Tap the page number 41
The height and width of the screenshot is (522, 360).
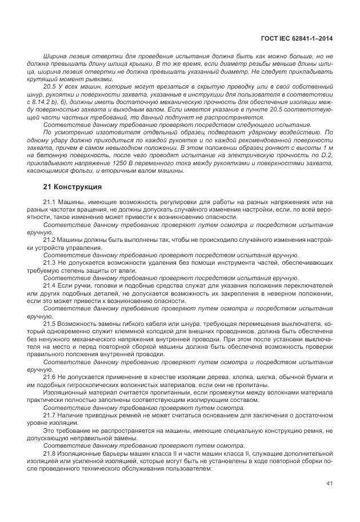(x=329, y=483)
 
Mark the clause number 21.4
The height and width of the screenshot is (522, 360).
(x=50, y=285)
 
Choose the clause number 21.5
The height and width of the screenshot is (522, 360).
(x=50, y=324)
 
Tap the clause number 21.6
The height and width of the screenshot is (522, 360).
(x=50, y=377)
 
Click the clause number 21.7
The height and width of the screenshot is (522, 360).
(x=50, y=415)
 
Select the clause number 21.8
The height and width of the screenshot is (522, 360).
(x=50, y=453)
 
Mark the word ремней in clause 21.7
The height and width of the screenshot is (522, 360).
(x=123, y=415)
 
